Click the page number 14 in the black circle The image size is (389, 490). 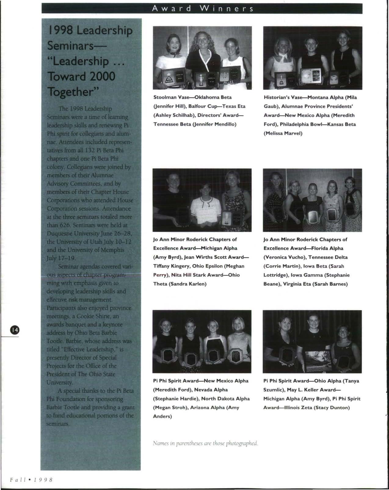point(15,330)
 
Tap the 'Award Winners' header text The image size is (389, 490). point(202,9)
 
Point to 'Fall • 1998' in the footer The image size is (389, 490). point(31,480)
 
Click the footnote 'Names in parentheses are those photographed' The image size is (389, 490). point(205,443)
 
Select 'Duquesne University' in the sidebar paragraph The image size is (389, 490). point(69,233)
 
